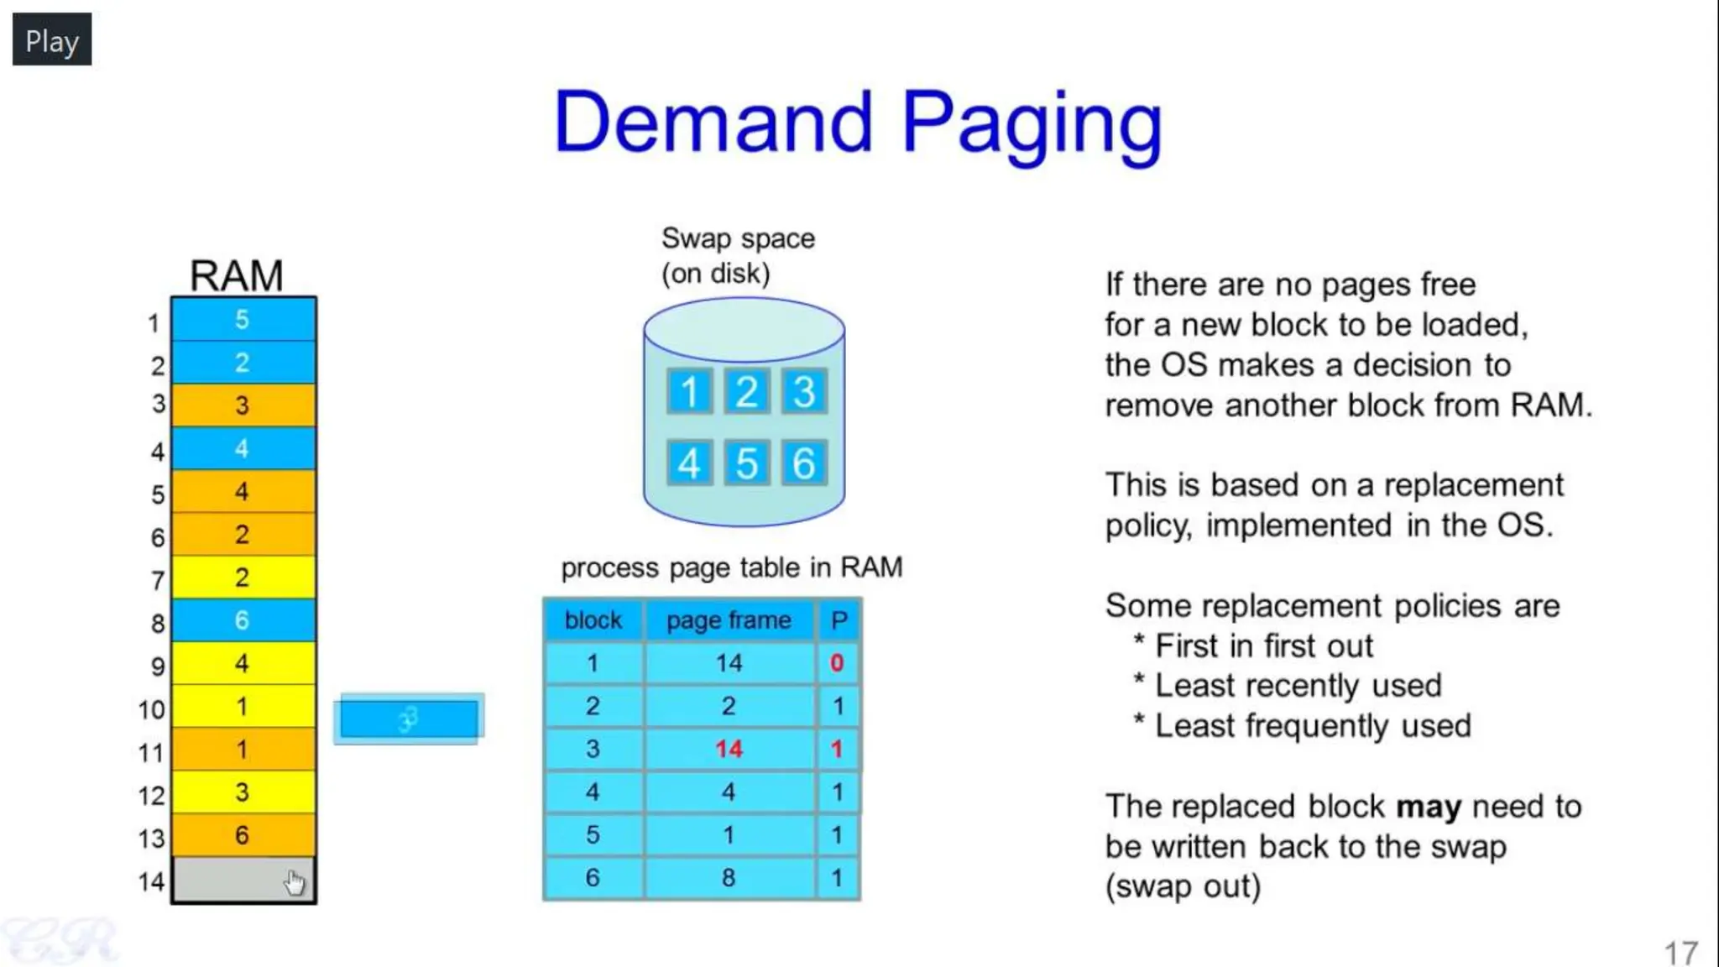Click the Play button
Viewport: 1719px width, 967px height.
(51, 39)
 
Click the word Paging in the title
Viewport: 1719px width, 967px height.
(1032, 123)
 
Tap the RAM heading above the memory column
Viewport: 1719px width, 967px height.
(236, 275)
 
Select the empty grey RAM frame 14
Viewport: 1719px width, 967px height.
(243, 881)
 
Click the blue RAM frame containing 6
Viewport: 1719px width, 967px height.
(243, 620)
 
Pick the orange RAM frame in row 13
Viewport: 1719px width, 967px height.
(243, 835)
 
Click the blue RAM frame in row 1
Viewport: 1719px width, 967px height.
(243, 320)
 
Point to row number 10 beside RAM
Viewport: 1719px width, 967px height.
(152, 709)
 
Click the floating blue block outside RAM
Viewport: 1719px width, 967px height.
(409, 719)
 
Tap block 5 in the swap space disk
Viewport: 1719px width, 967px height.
(746, 463)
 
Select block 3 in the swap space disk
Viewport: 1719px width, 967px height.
(804, 391)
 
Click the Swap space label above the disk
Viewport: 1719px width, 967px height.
(738, 238)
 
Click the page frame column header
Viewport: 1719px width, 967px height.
(729, 620)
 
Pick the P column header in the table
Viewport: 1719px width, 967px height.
(839, 620)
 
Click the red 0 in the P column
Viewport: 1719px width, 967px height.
(837, 663)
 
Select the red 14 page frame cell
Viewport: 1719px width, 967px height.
(729, 749)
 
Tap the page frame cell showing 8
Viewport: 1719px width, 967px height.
(729, 877)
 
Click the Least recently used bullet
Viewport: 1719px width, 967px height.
(1298, 686)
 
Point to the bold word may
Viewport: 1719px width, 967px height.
(1428, 807)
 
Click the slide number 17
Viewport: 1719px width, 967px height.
(1680, 953)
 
